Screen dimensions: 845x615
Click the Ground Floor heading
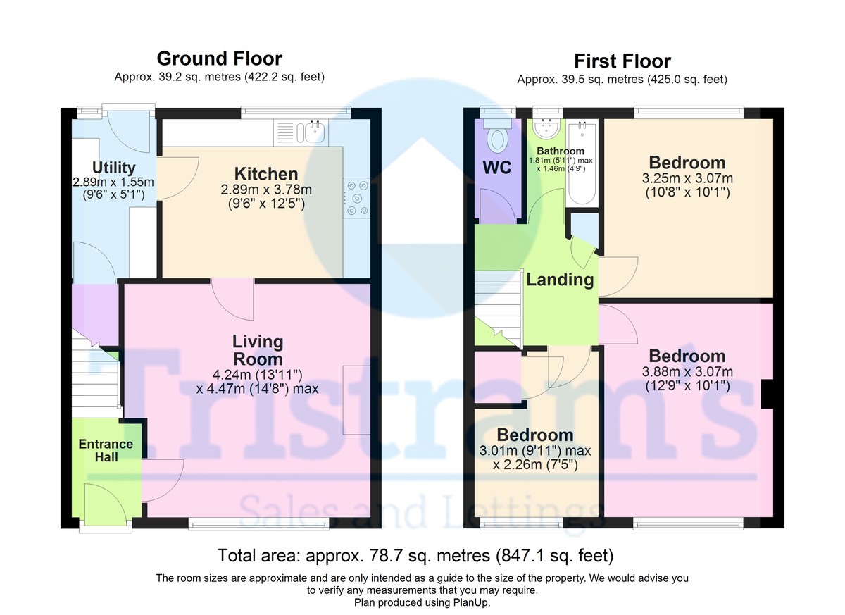click(219, 58)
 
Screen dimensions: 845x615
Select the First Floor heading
click(622, 61)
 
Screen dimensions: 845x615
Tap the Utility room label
click(113, 168)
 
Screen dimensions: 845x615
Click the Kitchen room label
click(266, 174)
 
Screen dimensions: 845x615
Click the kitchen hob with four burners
click(356, 198)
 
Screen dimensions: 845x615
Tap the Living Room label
click(258, 350)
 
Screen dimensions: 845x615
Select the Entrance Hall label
click(106, 450)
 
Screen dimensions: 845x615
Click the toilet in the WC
click(498, 137)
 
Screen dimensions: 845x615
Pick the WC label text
click(497, 168)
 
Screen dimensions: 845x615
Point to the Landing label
click(561, 280)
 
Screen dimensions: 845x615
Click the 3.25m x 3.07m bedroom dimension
click(687, 178)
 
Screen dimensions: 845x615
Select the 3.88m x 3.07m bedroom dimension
click(687, 372)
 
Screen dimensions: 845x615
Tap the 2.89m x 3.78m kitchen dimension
click(266, 190)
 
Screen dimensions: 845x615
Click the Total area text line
click(415, 555)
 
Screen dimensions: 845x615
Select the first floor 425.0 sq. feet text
click(687, 80)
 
